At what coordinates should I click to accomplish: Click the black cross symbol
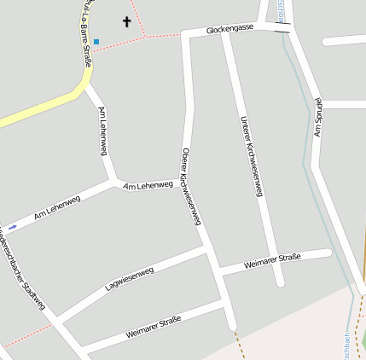click(127, 21)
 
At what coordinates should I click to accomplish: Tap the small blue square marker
click(96, 41)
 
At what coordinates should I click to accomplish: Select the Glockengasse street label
click(229, 30)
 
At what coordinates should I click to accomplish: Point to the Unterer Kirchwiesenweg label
click(251, 156)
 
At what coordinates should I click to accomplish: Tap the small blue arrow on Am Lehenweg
click(12, 227)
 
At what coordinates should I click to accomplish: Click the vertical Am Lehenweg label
click(103, 131)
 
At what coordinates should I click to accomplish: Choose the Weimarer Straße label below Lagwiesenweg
click(154, 327)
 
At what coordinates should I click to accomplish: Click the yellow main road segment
click(34, 108)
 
